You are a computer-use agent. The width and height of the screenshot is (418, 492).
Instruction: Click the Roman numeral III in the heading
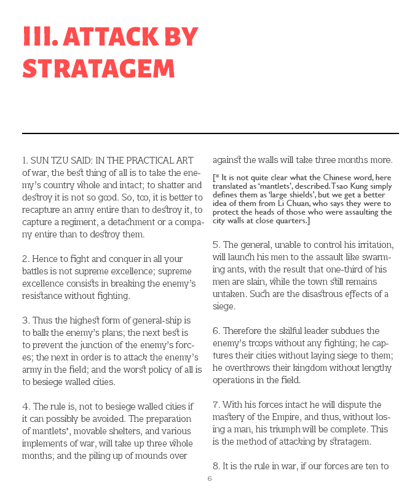coord(39,38)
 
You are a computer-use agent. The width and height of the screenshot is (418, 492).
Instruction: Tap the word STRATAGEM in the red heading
coord(98,69)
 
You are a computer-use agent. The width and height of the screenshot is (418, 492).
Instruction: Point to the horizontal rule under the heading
coord(210,133)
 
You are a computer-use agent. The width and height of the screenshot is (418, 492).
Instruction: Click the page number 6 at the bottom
coord(210,479)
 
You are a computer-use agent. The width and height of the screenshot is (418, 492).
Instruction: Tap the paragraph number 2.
coord(26,259)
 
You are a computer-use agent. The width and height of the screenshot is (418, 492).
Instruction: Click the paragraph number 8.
coord(216,466)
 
